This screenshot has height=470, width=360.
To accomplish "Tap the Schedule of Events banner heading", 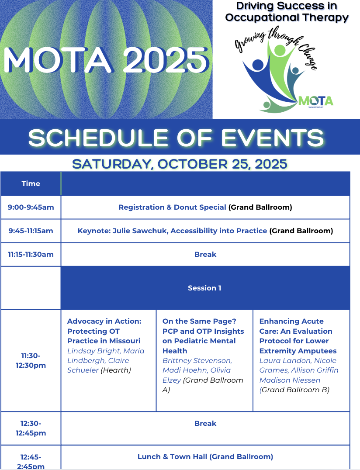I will tap(176, 138).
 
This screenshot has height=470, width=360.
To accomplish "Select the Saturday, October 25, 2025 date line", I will tap(180, 164).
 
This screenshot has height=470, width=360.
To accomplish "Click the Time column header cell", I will tap(31, 183).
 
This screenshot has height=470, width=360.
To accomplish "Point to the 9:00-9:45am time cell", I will tap(31, 207).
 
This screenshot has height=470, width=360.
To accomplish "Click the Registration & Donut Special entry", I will tap(172, 207).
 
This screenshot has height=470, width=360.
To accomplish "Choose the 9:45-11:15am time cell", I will tap(31, 231).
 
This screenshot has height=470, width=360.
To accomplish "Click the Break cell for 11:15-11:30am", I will tap(205, 254).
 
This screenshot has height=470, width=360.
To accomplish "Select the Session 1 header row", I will tap(204, 288).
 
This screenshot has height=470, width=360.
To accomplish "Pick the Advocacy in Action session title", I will tap(104, 331).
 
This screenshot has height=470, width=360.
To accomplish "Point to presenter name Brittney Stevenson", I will tap(197, 360).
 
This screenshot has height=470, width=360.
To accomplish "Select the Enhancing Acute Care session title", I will tap(298, 335).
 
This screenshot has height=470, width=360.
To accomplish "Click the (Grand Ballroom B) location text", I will tap(294, 390).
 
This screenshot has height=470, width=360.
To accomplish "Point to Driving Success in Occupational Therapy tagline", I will tap(287, 12).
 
